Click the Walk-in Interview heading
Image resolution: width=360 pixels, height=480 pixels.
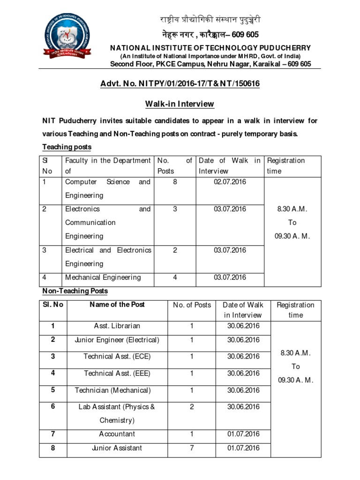(180, 104)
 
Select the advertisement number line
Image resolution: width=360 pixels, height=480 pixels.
(180, 83)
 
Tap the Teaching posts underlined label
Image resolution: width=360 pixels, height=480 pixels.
(67, 147)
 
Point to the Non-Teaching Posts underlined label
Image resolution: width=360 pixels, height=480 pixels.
(75, 291)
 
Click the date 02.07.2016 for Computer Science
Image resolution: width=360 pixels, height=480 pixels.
(230, 182)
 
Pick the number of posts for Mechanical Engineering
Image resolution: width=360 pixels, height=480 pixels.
(175, 277)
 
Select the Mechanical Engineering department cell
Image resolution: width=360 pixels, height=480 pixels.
(103, 277)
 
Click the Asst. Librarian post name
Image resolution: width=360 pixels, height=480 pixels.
(117, 326)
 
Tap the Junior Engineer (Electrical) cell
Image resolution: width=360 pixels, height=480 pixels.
(117, 340)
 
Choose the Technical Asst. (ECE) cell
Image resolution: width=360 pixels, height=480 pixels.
(117, 357)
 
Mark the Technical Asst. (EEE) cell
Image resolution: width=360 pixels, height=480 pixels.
(117, 374)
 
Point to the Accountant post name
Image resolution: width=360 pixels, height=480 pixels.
(117, 434)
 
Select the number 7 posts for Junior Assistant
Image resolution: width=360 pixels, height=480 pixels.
(192, 448)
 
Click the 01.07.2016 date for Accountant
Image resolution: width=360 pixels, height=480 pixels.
(243, 434)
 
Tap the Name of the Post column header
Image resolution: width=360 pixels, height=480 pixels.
(117, 305)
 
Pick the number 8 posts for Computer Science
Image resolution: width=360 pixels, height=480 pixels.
(175, 182)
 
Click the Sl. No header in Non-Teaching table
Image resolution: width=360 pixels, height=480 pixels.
(52, 305)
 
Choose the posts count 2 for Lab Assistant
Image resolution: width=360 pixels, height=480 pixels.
(192, 407)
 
